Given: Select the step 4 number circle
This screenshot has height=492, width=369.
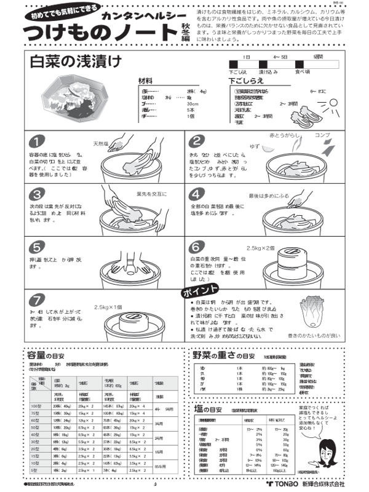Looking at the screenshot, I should (x=197, y=195).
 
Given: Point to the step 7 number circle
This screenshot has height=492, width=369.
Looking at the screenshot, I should (x=38, y=300).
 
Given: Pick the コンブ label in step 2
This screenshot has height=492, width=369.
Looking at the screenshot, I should (x=322, y=134).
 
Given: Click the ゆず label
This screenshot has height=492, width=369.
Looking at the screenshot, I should (x=253, y=146).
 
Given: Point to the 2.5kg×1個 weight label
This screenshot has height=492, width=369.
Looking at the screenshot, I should (x=108, y=307).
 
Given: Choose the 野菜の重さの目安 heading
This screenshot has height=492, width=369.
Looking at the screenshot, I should (x=223, y=355).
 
